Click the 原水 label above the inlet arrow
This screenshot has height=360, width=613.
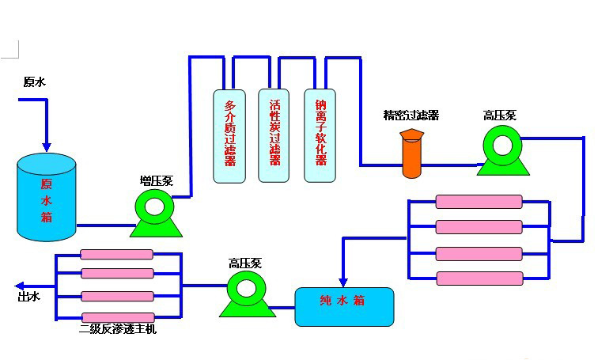pyautogui.click(x=34, y=81)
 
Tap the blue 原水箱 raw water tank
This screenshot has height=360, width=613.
pyautogui.click(x=47, y=198)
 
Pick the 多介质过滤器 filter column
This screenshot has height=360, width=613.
pyautogui.click(x=230, y=135)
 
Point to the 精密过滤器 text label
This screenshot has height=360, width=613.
pyautogui.click(x=411, y=116)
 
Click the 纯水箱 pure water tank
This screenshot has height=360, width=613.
pyautogui.click(x=344, y=306)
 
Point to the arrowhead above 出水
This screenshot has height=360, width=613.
pyautogui.click(x=21, y=285)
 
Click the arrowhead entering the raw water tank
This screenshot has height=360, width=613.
pyautogui.click(x=47, y=146)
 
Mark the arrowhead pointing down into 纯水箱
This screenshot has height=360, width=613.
pyautogui.click(x=342, y=281)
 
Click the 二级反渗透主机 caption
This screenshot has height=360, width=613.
pyautogui.click(x=119, y=328)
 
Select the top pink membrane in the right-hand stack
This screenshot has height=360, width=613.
pyautogui.click(x=479, y=202)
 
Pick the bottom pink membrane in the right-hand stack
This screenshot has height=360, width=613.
pyautogui.click(x=479, y=279)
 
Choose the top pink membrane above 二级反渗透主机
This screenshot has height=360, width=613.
pyautogui.click(x=115, y=255)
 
